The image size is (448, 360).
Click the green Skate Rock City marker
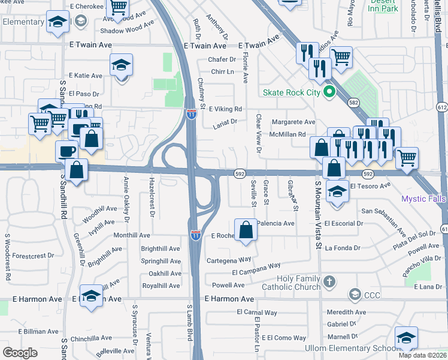point(328,92)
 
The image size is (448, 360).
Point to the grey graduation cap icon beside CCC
point(355,294)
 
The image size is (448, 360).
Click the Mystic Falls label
point(424,198)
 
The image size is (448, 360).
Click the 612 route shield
point(442,107)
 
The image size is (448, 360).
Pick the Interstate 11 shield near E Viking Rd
point(191,113)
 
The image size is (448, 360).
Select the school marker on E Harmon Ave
point(91,296)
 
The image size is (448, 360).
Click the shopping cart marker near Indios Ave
point(341,58)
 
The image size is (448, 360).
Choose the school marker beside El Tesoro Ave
point(338,192)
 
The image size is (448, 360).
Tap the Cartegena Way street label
point(229,260)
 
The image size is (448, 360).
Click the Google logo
point(20,353)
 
